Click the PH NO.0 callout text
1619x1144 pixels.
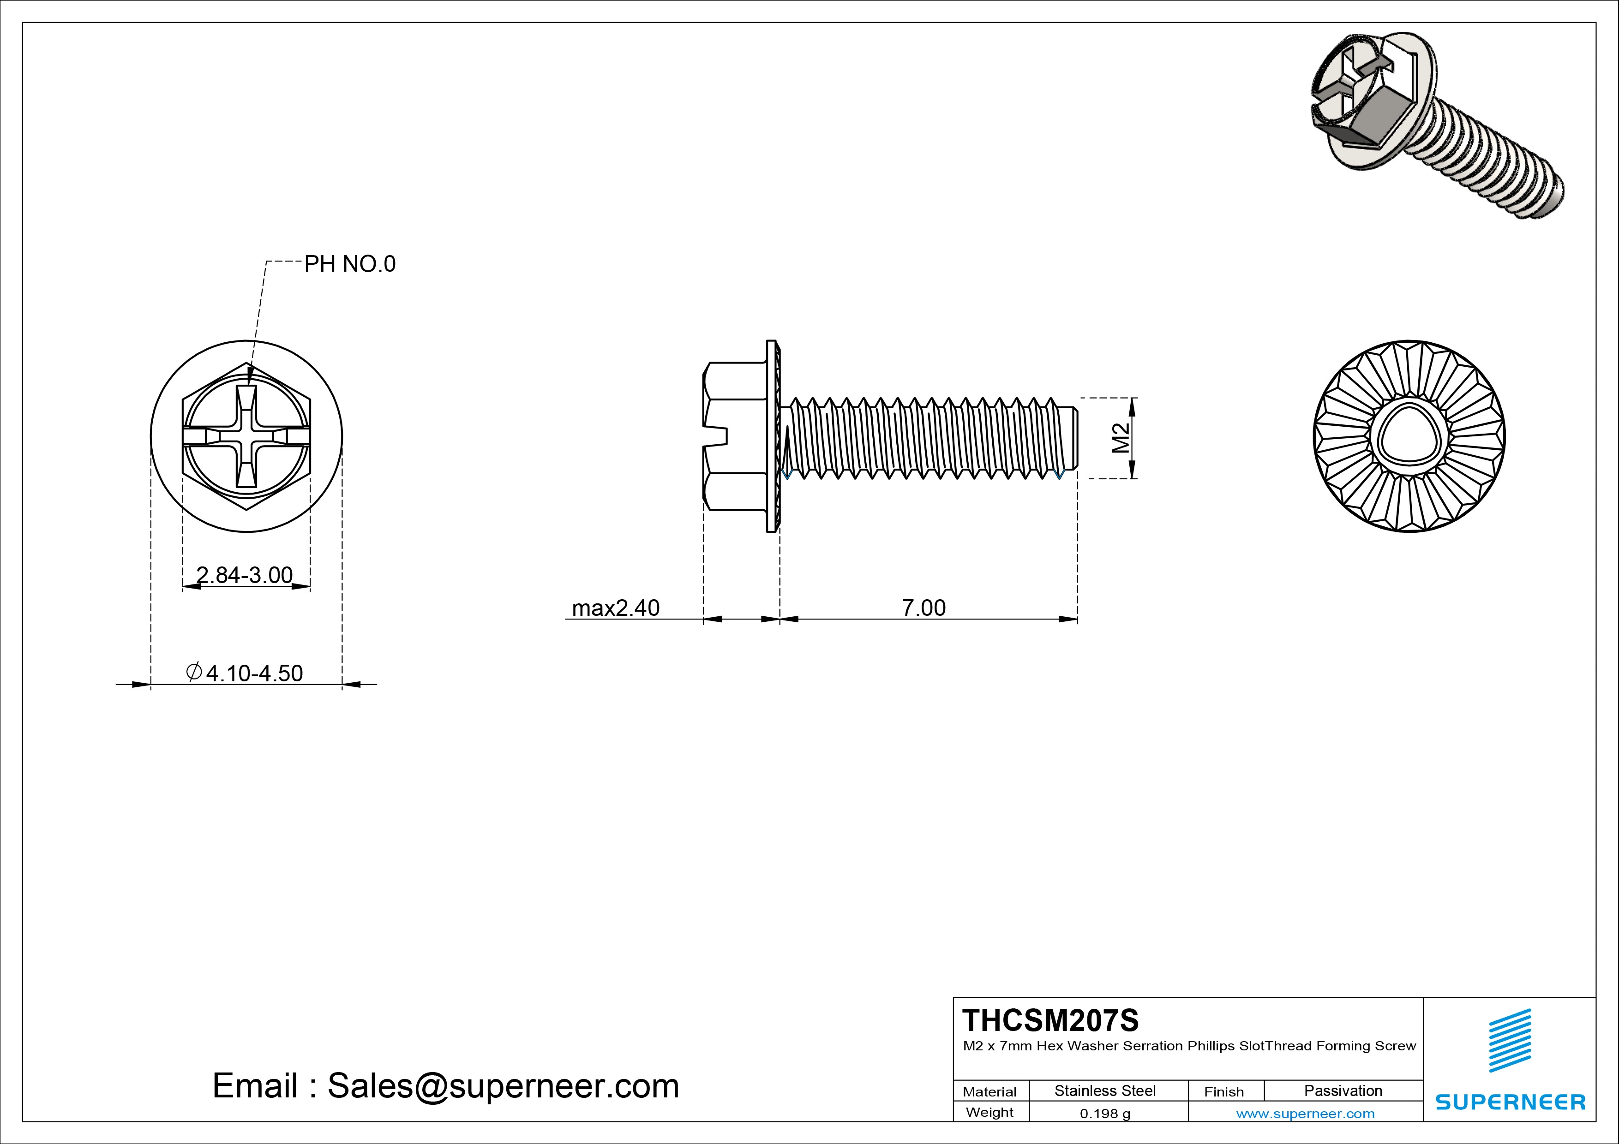pyautogui.click(x=350, y=264)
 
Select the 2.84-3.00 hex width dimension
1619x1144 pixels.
pyautogui.click(x=244, y=575)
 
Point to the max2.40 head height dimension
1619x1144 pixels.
pyautogui.click(x=616, y=608)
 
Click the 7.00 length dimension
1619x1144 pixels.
pyautogui.click(x=924, y=608)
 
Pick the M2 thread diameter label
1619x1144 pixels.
pyautogui.click(x=1121, y=438)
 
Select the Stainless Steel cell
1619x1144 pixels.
pyautogui.click(x=1105, y=1090)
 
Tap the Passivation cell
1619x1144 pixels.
pyautogui.click(x=1343, y=1090)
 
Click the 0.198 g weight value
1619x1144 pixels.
pyautogui.click(x=1105, y=1114)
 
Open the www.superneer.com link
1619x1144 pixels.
pyautogui.click(x=1305, y=1114)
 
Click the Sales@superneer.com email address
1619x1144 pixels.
pyautogui.click(x=503, y=1086)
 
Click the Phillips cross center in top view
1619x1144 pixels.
pyautogui.click(x=246, y=437)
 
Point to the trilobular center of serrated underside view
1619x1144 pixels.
pyautogui.click(x=1409, y=436)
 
